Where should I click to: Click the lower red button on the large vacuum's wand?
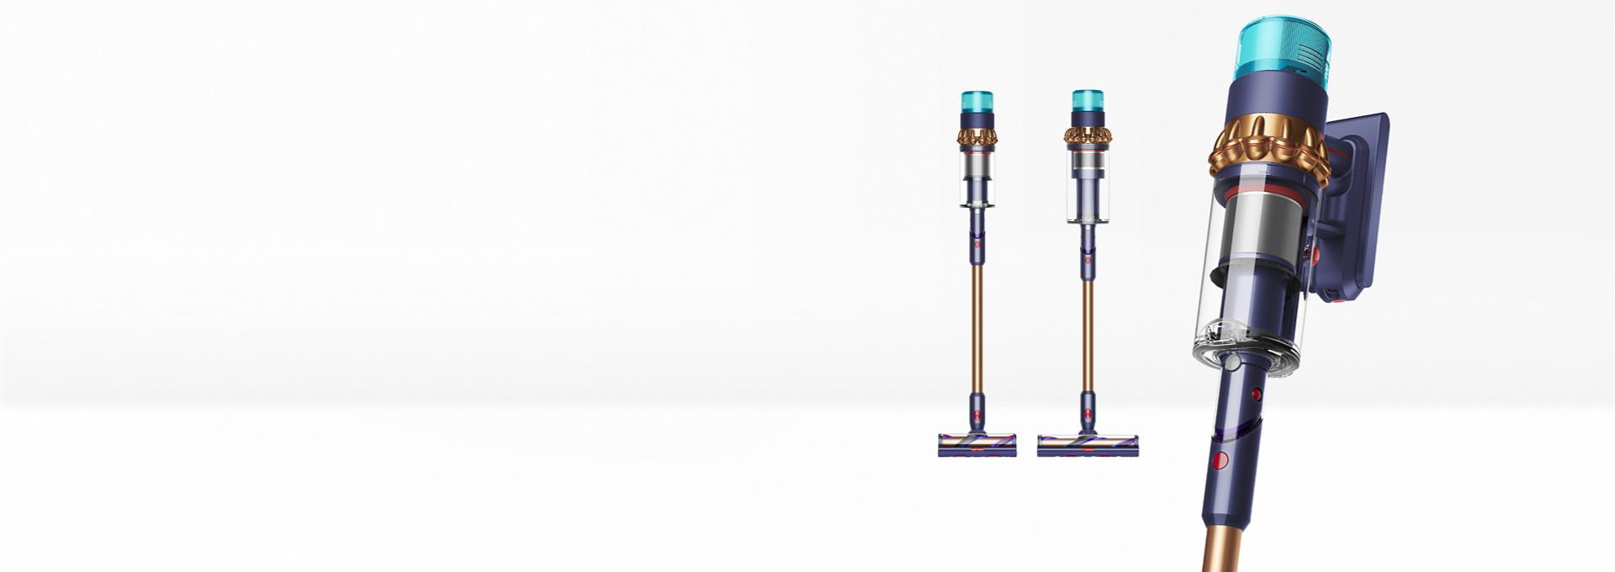[1220, 459]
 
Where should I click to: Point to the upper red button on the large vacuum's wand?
[1257, 394]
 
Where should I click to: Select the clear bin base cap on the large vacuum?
[1243, 353]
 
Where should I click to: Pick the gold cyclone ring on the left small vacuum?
[977, 136]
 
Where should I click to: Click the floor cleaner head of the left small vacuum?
[977, 444]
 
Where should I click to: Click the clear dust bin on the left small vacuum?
[977, 181]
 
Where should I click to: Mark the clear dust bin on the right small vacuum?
[1087, 189]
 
